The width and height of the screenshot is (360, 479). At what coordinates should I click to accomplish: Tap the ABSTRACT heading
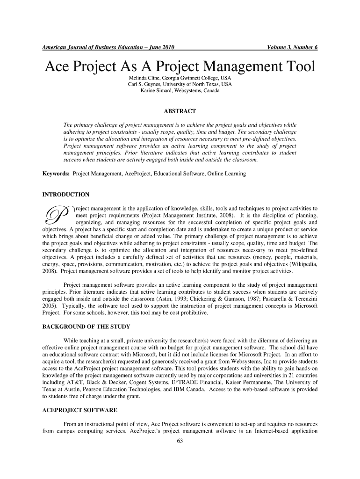point(180,111)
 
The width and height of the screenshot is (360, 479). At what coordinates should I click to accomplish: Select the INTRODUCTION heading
point(66,194)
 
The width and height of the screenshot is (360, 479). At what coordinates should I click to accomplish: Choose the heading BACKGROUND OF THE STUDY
point(86,326)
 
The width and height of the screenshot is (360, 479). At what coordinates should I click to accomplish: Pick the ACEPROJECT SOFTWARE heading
point(79,410)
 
